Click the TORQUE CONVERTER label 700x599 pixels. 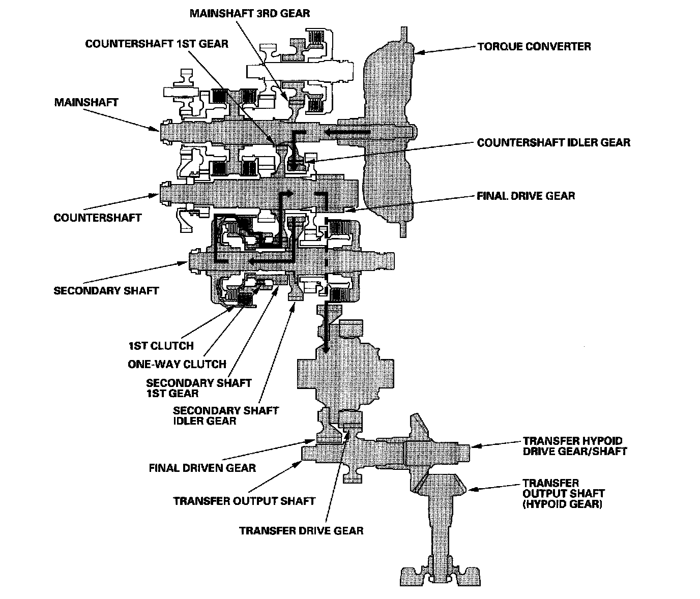click(534, 46)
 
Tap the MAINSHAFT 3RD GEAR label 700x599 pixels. click(250, 14)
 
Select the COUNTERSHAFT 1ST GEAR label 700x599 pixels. click(157, 44)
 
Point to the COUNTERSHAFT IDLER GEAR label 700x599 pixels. click(553, 142)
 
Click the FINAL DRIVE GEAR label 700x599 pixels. click(526, 196)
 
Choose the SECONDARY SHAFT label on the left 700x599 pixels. click(106, 291)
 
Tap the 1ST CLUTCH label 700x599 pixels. click(161, 346)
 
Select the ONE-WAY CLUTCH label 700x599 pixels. click(177, 364)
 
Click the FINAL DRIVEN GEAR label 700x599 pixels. click(202, 468)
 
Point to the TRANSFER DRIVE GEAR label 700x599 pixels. click(301, 531)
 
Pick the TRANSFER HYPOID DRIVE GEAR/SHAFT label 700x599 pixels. click(575, 446)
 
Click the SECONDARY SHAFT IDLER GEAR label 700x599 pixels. click(226, 415)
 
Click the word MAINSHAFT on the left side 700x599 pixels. click(86, 103)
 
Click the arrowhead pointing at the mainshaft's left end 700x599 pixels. click(154, 128)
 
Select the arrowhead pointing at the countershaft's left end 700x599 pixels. click(154, 195)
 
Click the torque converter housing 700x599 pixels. click(389, 132)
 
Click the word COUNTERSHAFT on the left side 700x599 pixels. click(98, 218)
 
